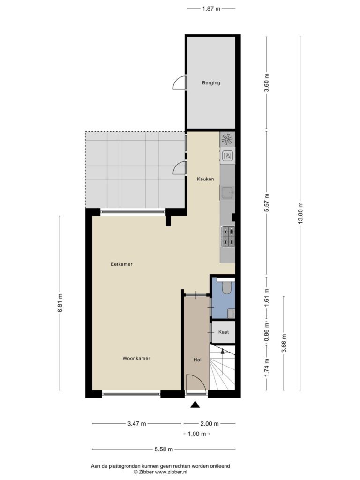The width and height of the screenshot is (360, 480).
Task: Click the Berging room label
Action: pos(211,82)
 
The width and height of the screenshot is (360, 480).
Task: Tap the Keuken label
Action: pos(205,179)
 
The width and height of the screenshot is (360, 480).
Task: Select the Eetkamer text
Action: pos(121,264)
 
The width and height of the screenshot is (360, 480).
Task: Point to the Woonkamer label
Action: pos(136,358)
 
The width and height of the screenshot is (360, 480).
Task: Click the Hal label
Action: pos(197,360)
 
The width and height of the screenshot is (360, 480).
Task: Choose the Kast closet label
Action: pos(224,332)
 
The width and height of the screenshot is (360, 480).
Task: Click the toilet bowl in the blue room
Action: pos(227,288)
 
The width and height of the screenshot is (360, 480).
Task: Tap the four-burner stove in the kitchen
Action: pos(228,236)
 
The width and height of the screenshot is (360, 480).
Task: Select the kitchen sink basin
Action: pos(227,193)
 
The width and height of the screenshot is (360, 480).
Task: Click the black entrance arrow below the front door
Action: pos(195,405)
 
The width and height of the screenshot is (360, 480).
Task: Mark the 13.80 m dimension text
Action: pos(300,213)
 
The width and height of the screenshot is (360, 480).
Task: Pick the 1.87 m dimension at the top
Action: pos(211,9)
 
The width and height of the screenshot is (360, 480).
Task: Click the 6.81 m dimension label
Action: pos(60,303)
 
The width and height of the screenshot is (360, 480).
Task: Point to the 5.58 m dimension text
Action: pos(164,449)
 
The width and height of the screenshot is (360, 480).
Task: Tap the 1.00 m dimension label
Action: pos(197,434)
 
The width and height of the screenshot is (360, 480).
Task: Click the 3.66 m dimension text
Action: pos(284,343)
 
